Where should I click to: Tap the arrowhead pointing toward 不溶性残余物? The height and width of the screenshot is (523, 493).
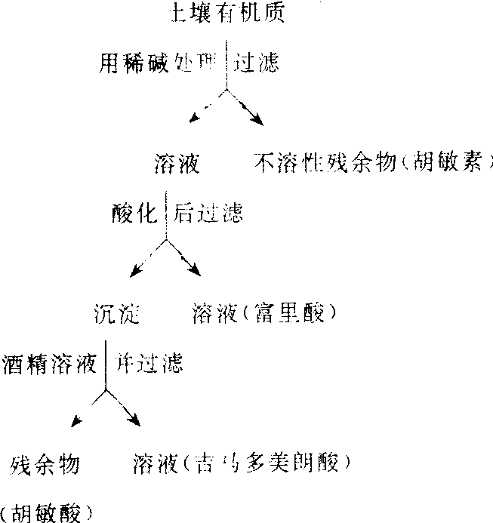coord(258,120)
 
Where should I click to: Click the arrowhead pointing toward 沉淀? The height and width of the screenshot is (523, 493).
coord(134,272)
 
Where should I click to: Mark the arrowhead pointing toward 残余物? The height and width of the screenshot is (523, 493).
coord(74,423)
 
